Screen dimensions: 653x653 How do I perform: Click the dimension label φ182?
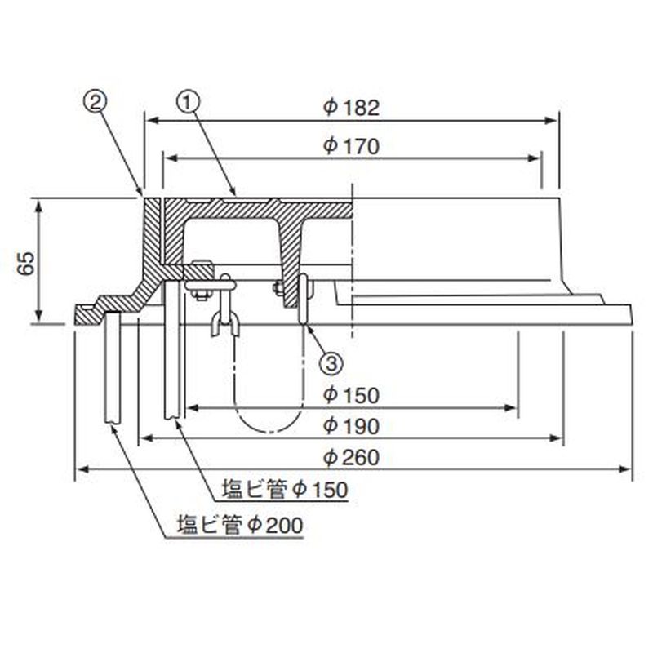[x=352, y=108]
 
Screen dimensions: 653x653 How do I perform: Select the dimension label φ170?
[x=352, y=146]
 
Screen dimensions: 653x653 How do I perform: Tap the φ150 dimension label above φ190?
[x=352, y=395]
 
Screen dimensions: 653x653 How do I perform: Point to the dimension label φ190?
[x=352, y=425]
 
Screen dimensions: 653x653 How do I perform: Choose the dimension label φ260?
[x=352, y=457]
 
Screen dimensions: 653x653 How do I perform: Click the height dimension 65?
[x=26, y=263]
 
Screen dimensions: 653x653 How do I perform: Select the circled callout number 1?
[x=189, y=103]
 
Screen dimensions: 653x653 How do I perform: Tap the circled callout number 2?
[x=96, y=103]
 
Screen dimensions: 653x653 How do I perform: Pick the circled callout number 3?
[x=331, y=363]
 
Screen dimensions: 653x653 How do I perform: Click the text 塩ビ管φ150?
[x=285, y=490]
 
